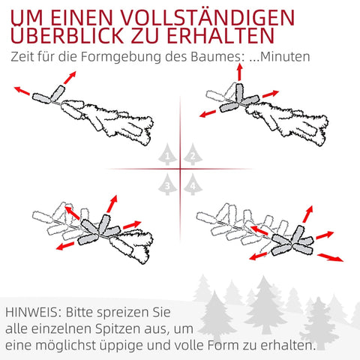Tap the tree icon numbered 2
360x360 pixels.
pyautogui.click(x=193, y=155)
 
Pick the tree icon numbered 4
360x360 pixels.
pyautogui.click(x=193, y=182)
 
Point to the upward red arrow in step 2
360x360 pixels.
pyautogui.click(x=240, y=72)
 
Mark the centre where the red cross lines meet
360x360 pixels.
pyautogui.click(x=181, y=169)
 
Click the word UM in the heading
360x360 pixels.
pyautogui.click(x=28, y=16)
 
